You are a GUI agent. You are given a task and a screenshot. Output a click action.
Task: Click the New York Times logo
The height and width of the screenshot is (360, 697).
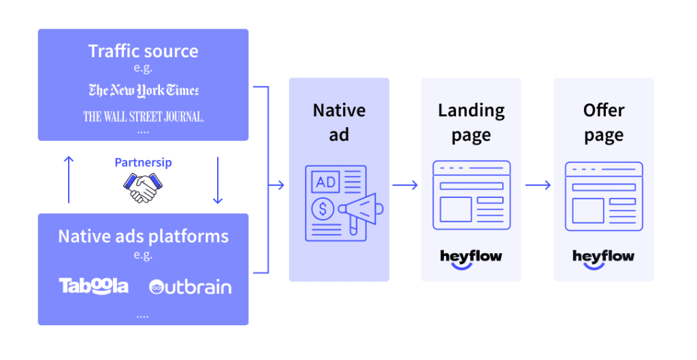(x=143, y=90)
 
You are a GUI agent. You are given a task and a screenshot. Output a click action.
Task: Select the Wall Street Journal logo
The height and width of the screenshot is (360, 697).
(x=143, y=116)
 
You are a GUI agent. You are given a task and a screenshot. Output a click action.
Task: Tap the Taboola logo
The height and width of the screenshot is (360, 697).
(x=93, y=286)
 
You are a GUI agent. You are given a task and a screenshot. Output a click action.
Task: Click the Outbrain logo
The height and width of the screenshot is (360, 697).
(x=190, y=287)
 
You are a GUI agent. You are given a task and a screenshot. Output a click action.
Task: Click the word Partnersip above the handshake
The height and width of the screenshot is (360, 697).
(x=143, y=163)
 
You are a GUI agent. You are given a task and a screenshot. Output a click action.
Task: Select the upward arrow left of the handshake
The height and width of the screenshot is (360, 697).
(x=69, y=178)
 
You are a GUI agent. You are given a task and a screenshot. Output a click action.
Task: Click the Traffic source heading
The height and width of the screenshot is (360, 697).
(x=143, y=51)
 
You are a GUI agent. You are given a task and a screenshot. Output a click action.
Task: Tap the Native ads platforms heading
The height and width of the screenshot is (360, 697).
(x=143, y=236)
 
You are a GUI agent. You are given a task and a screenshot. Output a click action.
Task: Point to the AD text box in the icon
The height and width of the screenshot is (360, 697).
(x=325, y=182)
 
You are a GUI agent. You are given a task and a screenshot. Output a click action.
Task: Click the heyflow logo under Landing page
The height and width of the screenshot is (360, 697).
(x=471, y=258)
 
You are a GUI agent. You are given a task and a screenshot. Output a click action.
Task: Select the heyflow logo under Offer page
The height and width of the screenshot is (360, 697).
(x=603, y=258)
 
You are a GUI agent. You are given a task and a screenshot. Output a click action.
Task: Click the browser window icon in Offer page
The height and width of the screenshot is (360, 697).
(x=603, y=196)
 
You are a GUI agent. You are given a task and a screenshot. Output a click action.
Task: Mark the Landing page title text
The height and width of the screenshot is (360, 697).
(x=471, y=122)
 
